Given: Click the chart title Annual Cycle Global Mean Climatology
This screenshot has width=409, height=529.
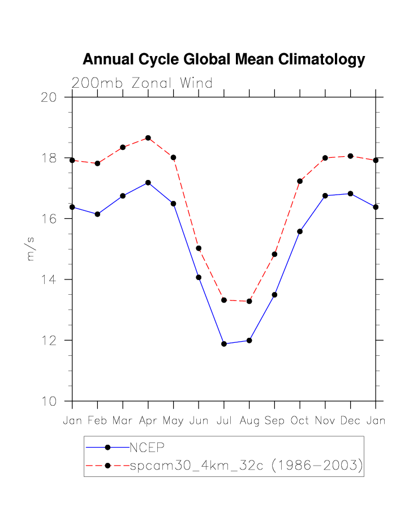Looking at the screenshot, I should tap(223, 59).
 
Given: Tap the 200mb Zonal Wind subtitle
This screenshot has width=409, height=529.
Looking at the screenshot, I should tap(142, 83).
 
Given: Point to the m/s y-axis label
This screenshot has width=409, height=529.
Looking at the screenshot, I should tap(31, 249).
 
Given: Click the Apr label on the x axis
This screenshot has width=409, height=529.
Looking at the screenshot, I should tap(148, 421).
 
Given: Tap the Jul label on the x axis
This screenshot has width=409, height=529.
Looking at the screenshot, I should tap(224, 421).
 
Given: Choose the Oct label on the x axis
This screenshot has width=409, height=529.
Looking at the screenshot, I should tap(300, 421).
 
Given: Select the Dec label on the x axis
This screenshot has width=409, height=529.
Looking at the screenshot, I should tap(351, 421).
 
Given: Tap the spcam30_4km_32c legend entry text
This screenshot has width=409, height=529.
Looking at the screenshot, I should tap(246, 466).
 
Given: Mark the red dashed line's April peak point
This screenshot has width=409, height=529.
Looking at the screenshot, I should tap(148, 138).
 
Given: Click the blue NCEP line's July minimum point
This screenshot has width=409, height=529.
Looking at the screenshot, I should tap(224, 344).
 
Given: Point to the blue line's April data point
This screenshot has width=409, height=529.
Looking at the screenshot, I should tap(148, 183).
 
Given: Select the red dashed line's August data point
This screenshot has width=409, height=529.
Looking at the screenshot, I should tap(249, 301).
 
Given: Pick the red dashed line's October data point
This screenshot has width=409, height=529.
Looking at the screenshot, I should tap(300, 181).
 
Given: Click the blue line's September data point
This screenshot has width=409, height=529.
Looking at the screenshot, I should tap(274, 295).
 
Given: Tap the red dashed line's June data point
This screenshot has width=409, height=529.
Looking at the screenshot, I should tap(199, 248).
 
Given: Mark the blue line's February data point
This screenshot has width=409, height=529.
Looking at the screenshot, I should tap(97, 214).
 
